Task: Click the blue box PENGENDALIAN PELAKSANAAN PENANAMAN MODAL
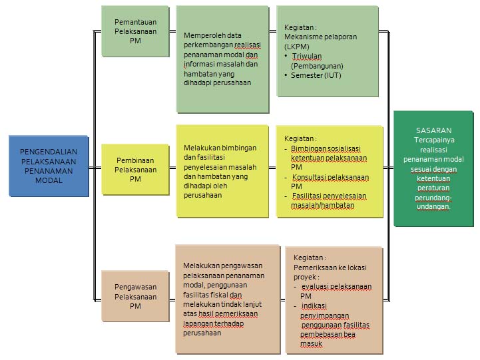(49, 166)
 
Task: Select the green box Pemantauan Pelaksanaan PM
(135, 31)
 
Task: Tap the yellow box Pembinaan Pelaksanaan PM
(135, 170)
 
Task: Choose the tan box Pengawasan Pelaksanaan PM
(135, 296)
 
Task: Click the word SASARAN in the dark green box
(433, 130)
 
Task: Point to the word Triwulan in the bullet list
(307, 57)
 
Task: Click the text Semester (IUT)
(316, 75)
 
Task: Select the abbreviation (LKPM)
(297, 47)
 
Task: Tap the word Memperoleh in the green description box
(200, 35)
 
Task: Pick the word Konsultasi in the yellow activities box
(308, 177)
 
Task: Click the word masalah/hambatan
(323, 206)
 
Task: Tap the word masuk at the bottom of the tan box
(311, 344)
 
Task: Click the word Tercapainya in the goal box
(434, 140)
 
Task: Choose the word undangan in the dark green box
(433, 207)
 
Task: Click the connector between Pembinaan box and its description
(172, 168)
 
